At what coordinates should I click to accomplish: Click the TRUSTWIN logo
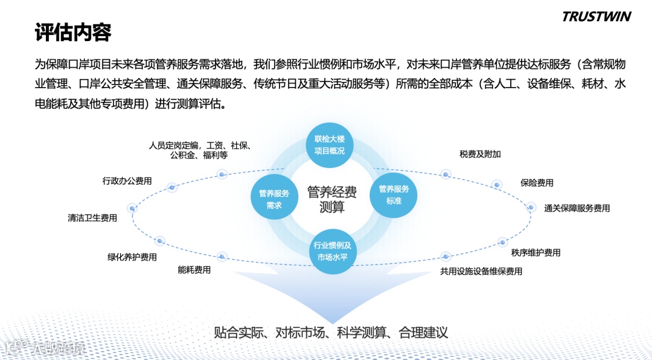coord(596,16)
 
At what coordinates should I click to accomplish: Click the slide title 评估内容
coord(73,33)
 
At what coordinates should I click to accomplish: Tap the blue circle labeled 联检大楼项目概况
coord(329,146)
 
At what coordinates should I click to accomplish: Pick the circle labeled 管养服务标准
coord(394,194)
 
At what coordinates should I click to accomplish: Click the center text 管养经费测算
coord(332,199)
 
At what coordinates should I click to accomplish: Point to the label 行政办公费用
coord(127,181)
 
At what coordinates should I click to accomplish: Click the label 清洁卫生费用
coord(92,218)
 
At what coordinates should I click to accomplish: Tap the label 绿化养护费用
coord(132,257)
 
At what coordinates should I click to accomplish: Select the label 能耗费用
coord(194,270)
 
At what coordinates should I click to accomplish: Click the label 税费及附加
coord(480,154)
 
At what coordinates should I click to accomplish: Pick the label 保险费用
coord(537,182)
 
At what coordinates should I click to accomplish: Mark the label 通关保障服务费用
coord(577,208)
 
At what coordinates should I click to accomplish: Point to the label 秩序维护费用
coord(535,252)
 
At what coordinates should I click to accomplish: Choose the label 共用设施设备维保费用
coord(481,271)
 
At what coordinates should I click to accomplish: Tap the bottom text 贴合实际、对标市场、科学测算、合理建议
coord(331,332)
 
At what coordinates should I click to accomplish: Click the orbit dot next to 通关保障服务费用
coord(531,207)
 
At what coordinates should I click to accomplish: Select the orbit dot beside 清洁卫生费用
coord(133,208)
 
